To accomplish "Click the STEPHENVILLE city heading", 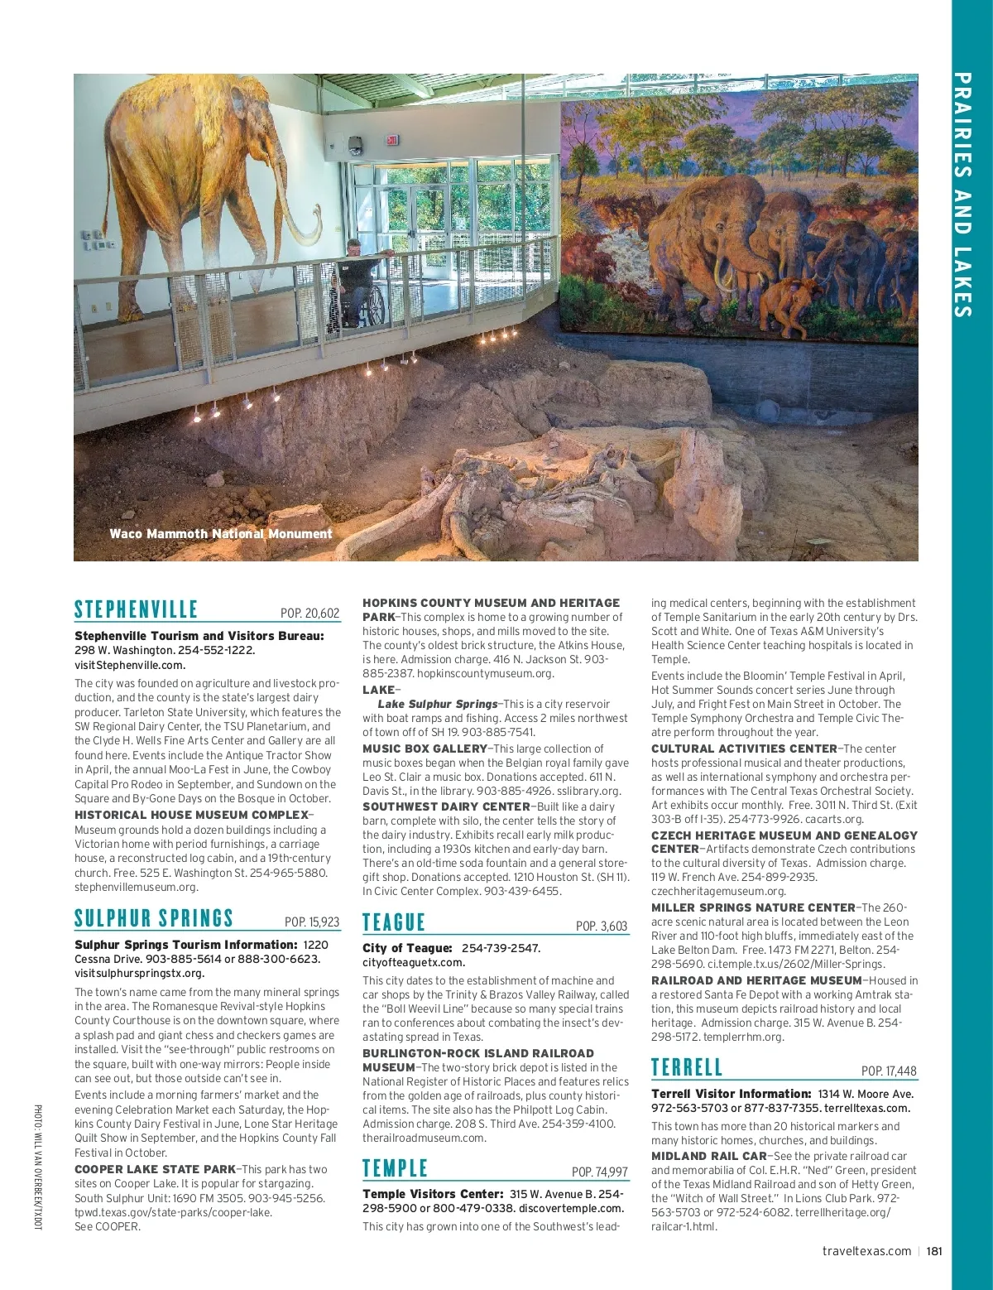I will click(x=136, y=610).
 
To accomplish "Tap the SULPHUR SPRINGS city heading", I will click(x=154, y=918).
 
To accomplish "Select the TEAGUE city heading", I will click(x=394, y=922).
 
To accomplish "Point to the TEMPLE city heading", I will click(x=396, y=1168).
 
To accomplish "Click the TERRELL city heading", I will click(x=687, y=1067).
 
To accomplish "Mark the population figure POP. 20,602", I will click(x=310, y=614).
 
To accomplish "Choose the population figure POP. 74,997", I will click(x=600, y=1172).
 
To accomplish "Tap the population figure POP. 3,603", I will click(x=602, y=926).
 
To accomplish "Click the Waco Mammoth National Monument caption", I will click(x=220, y=534).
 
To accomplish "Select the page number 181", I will click(x=934, y=1251).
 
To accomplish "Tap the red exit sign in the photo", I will click(x=392, y=140).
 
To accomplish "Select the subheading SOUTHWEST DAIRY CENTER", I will click(x=446, y=806).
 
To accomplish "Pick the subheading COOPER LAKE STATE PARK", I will click(x=155, y=1169).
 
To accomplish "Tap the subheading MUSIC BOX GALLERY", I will click(x=425, y=748).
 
